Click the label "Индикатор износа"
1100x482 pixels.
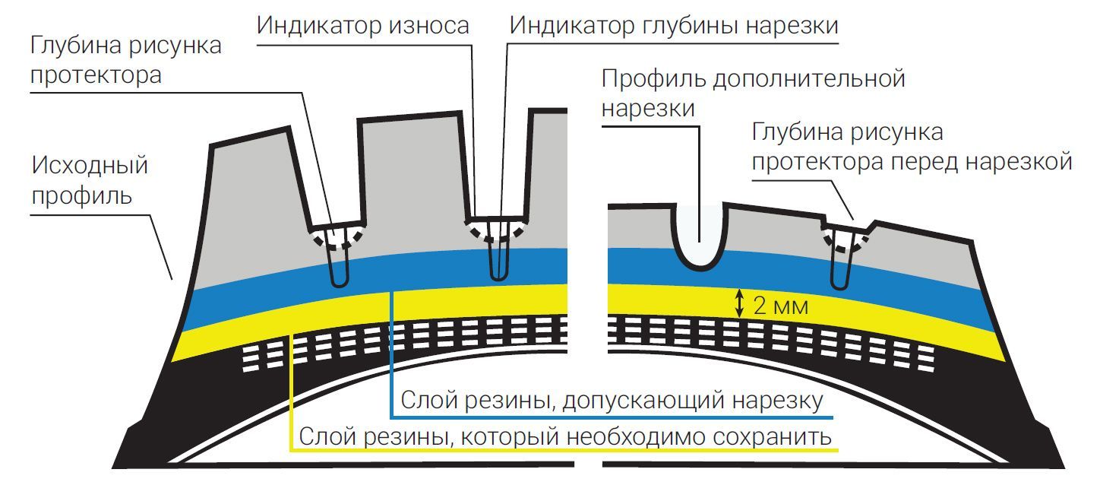click(362, 25)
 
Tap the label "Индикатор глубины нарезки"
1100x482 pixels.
click(674, 25)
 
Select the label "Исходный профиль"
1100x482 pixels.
click(90, 181)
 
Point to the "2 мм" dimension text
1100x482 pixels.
click(779, 307)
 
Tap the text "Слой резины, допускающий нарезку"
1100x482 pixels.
click(612, 401)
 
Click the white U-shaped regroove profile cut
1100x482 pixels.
click(700, 236)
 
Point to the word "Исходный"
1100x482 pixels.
click(90, 166)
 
